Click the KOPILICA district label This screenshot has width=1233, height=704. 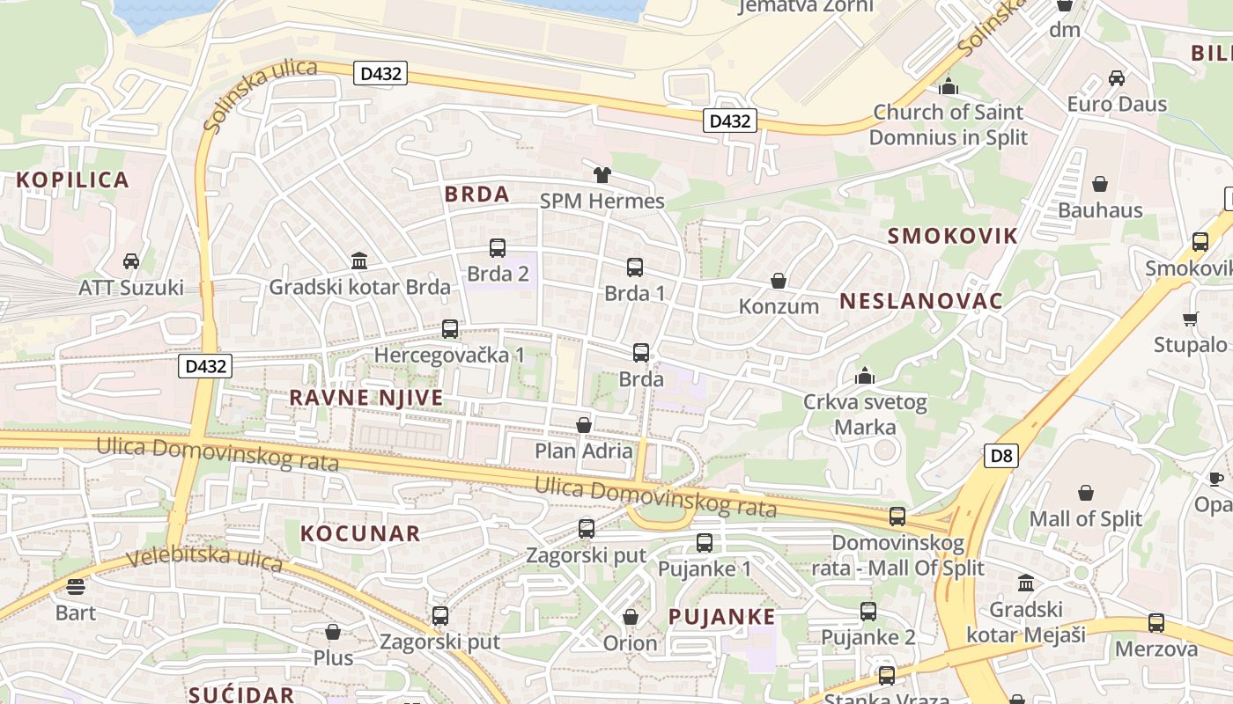pyautogui.click(x=72, y=180)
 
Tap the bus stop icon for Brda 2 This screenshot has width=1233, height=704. pyautogui.click(x=498, y=248)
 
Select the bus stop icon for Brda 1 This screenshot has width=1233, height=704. pyautogui.click(x=635, y=268)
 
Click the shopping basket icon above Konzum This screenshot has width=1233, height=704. pyautogui.click(x=779, y=281)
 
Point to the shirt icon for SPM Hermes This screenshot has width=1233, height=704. pyautogui.click(x=602, y=175)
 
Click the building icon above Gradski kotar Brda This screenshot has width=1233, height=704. pyautogui.click(x=359, y=260)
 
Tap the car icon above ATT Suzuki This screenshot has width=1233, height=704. pyautogui.click(x=131, y=261)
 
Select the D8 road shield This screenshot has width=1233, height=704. pyautogui.click(x=1001, y=456)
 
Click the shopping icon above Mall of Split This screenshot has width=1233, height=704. pyautogui.click(x=1086, y=493)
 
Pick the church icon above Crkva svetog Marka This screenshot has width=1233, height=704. pyautogui.click(x=865, y=377)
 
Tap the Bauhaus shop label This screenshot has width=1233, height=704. pyautogui.click(x=1100, y=210)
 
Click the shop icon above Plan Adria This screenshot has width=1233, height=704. pyautogui.click(x=583, y=425)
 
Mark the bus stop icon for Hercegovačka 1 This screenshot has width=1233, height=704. pyautogui.click(x=450, y=329)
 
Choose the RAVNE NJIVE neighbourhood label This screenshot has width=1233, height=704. pyautogui.click(x=366, y=398)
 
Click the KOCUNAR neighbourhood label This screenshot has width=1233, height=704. pyautogui.click(x=360, y=533)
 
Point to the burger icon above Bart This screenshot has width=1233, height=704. pyautogui.click(x=76, y=586)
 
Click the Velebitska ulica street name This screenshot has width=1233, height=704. pyautogui.click(x=203, y=558)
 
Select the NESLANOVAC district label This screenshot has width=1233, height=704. pyautogui.click(x=920, y=301)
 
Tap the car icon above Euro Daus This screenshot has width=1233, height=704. pyautogui.click(x=1117, y=77)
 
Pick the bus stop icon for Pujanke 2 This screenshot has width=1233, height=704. pyautogui.click(x=868, y=611)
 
